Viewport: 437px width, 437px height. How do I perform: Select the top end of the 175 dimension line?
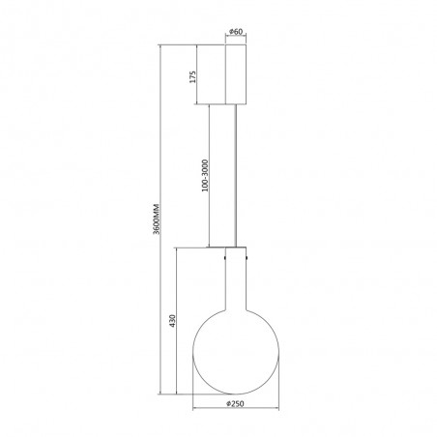coord(199,44)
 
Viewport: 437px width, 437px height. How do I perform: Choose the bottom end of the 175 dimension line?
coord(199,106)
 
